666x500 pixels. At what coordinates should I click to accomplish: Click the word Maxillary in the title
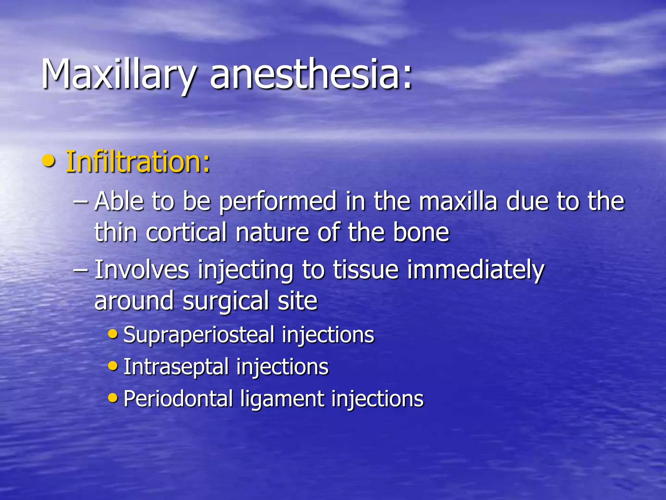(x=119, y=75)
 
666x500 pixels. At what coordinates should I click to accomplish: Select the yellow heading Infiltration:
(x=138, y=162)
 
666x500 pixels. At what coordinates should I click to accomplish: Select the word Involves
(x=142, y=270)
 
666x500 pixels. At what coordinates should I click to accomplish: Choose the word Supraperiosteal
(x=199, y=335)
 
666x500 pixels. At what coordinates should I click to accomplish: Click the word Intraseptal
(x=176, y=367)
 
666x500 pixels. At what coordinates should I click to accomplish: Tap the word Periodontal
(x=178, y=399)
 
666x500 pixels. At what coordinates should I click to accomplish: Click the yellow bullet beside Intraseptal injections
(x=113, y=366)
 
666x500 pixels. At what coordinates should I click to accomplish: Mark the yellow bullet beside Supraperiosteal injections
(x=113, y=334)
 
